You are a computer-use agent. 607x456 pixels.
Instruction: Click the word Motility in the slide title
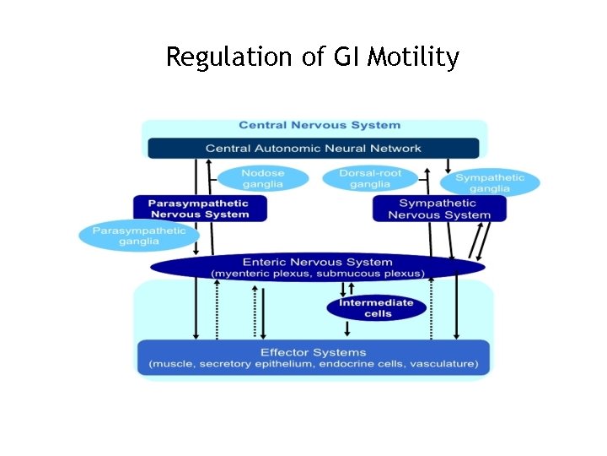pos(414,57)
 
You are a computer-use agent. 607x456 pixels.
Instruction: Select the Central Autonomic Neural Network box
pos(314,149)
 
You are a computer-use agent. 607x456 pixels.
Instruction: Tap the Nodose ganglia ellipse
pos(263,178)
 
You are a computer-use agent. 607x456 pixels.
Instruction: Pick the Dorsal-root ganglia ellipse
pos(370,178)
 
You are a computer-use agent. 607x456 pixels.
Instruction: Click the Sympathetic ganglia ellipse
pos(490,182)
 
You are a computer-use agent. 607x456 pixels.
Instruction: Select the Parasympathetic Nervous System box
pos(199,209)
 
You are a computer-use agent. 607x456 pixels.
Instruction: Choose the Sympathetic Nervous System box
pos(438,209)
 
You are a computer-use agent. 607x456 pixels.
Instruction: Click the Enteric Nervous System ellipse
pos(318,268)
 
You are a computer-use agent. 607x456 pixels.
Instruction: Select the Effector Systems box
pos(314,358)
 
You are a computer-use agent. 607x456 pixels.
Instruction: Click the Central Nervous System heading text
pos(320,125)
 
